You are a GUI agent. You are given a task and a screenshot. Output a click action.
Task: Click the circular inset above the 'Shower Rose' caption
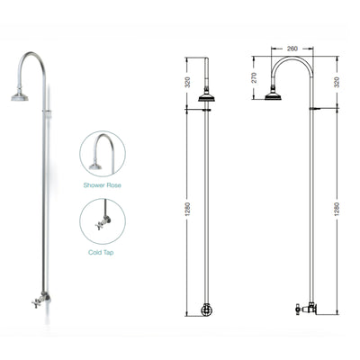click(101, 154)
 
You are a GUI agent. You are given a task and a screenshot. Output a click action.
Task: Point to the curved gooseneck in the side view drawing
click(288, 61)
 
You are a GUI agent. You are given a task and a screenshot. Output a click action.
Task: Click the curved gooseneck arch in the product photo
click(32, 61)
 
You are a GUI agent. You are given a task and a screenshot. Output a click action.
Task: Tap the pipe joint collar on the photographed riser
click(43, 112)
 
